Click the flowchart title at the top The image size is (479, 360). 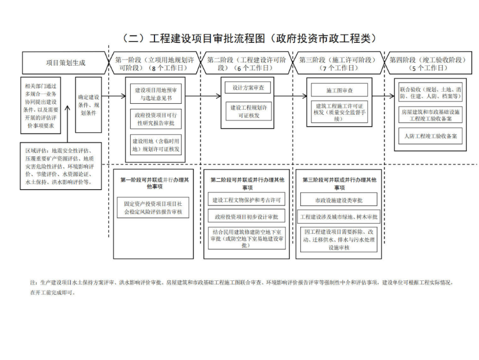[x=249, y=39]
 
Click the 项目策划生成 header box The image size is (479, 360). [x=65, y=63]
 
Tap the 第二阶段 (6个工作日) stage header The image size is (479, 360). [x=247, y=63]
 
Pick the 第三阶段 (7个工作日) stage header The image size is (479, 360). [x=338, y=63]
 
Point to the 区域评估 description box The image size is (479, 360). [x=61, y=166]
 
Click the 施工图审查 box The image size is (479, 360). [x=340, y=91]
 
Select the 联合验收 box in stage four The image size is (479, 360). [x=430, y=93]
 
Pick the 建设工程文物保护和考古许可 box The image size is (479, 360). [x=247, y=200]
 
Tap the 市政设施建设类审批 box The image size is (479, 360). [x=338, y=200]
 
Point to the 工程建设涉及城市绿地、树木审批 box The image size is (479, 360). [x=339, y=217]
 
